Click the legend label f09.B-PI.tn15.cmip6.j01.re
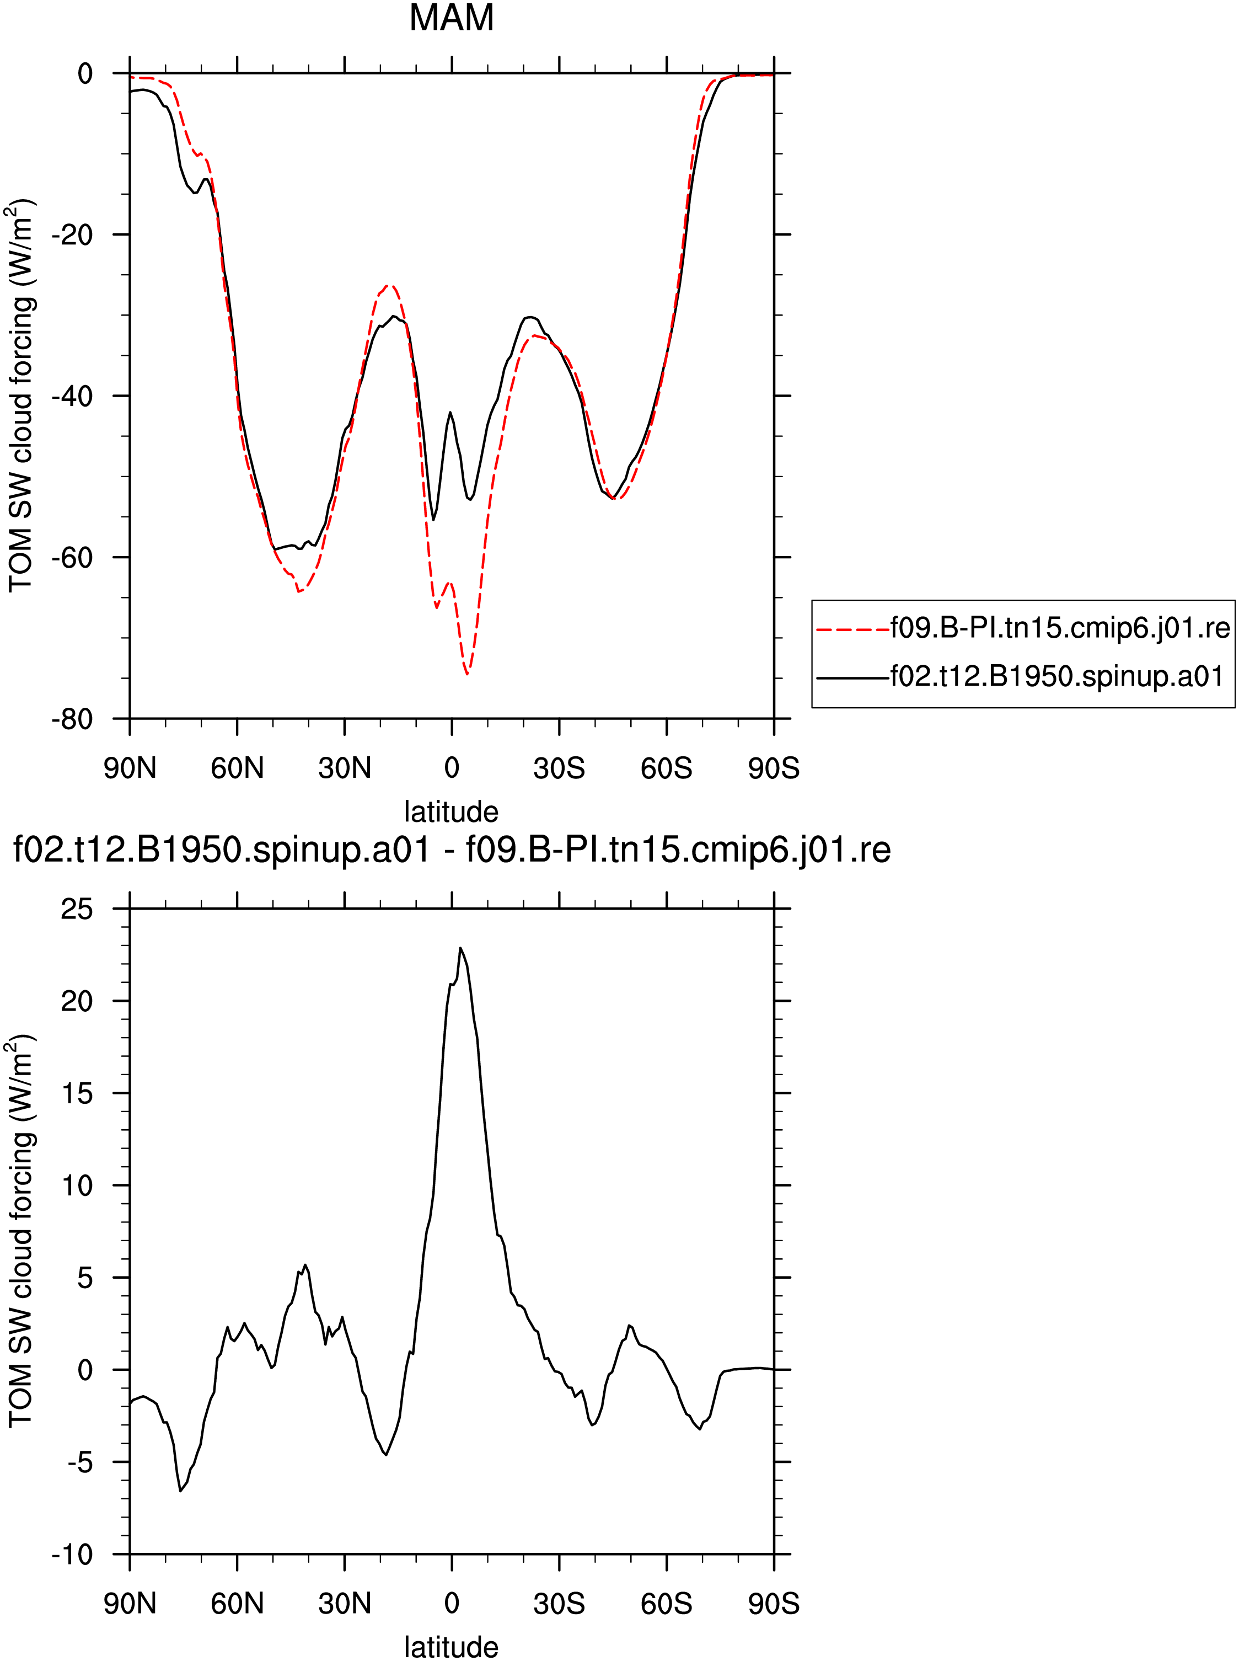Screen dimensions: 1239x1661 click(1060, 628)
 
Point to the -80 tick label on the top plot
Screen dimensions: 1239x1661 click(72, 719)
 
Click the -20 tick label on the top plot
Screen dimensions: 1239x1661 click(72, 235)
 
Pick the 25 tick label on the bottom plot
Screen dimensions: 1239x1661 click(77, 909)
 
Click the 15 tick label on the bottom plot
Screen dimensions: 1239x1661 click(77, 1093)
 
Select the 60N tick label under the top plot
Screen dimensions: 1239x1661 click(237, 768)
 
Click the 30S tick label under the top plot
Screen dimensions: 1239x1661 click(559, 768)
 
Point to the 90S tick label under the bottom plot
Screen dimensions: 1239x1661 click(774, 1603)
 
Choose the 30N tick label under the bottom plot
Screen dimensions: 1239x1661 click(344, 1603)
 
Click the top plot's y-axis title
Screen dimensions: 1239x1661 click(22, 396)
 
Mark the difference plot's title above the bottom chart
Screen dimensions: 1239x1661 click(452, 851)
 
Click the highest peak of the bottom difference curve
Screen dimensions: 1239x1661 click(460, 948)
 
